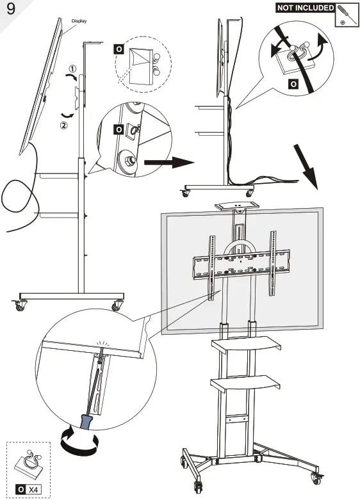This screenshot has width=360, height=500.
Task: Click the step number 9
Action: point(10,11)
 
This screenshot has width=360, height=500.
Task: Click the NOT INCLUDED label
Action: point(305,8)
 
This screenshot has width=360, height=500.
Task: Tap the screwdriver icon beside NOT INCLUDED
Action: point(347,13)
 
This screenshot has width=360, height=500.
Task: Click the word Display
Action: point(79,20)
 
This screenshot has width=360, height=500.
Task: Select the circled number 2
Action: point(63,125)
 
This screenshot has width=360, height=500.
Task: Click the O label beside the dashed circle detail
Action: point(118,48)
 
